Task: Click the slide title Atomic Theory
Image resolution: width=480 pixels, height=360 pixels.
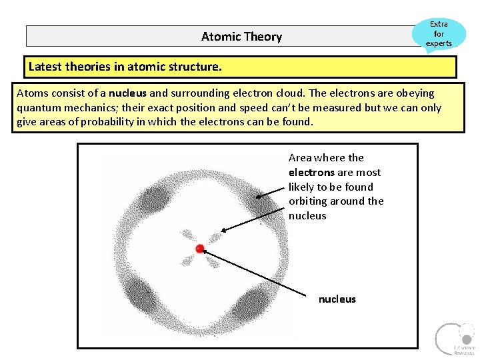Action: click(241, 37)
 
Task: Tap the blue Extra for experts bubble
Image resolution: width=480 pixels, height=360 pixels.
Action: click(439, 33)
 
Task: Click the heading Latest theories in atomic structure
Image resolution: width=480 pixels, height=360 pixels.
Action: click(125, 67)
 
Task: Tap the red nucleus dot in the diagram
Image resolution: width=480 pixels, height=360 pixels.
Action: click(199, 249)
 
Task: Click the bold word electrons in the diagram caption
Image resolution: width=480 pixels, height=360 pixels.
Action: click(311, 172)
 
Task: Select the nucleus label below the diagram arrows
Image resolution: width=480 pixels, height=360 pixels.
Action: click(337, 299)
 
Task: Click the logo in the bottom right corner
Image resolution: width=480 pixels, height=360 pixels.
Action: click(454, 339)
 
